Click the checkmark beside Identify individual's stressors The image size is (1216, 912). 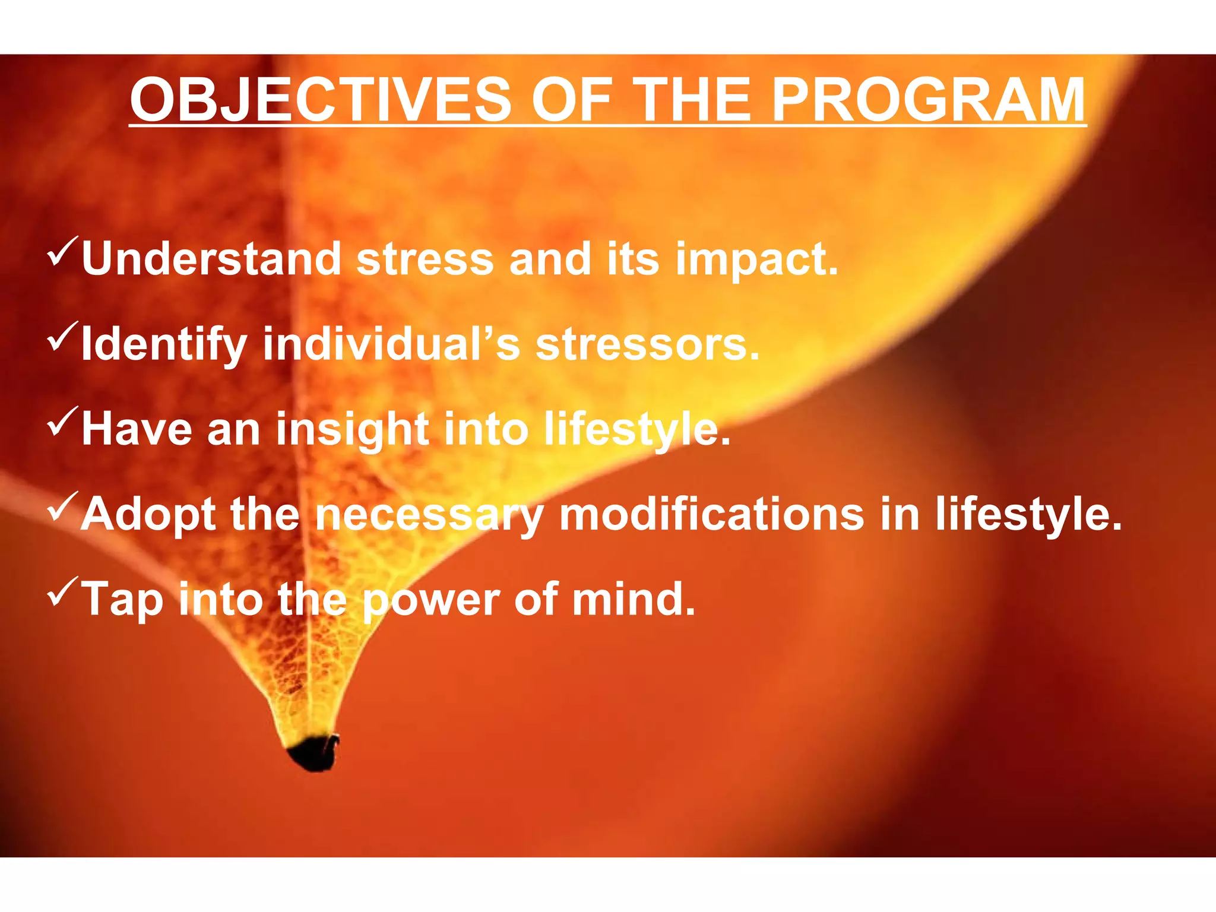pos(62,335)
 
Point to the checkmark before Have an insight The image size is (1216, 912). pos(62,420)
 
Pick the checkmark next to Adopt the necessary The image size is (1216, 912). pos(62,505)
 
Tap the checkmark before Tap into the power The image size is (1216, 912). pos(62,590)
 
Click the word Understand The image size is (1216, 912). pos(211,259)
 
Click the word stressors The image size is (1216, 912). pos(647,344)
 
